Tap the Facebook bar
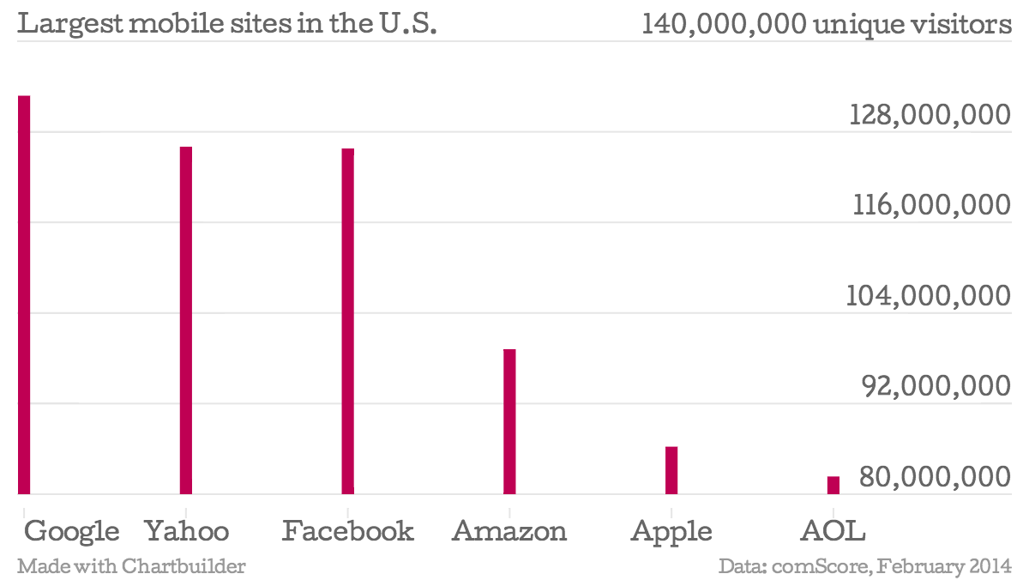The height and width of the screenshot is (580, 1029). pos(347,321)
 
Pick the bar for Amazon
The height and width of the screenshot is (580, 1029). pos(509,421)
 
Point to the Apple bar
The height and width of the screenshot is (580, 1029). pos(671,470)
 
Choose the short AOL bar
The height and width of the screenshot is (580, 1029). pos(833,485)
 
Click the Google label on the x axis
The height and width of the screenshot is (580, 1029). pos(72,531)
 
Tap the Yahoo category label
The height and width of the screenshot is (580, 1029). pos(187,531)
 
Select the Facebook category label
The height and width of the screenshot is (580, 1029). pos(348,531)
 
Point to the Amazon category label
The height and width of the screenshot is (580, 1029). pos(509,531)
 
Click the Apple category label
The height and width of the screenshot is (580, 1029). pos(671,532)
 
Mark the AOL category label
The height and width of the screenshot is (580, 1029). pos(833,531)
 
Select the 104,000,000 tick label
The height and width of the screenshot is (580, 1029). pos(929,297)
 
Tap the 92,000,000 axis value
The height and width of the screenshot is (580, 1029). pos(936,388)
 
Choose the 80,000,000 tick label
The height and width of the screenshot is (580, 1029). pos(936,478)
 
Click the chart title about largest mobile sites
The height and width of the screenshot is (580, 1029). pos(228,24)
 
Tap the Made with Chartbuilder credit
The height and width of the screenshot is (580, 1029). pos(131,566)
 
